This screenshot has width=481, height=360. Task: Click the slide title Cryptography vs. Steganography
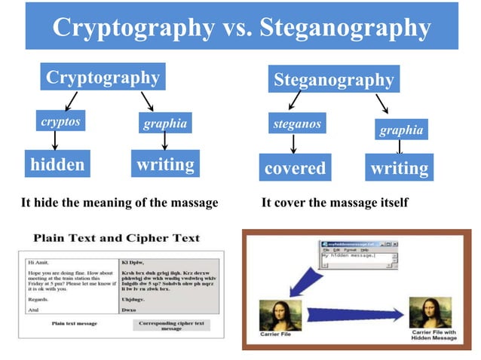click(x=241, y=27)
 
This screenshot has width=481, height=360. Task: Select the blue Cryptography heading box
click(x=103, y=78)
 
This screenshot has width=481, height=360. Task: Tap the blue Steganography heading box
click(x=334, y=80)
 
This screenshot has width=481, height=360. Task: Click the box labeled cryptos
click(x=60, y=122)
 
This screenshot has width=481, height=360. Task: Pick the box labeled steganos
click(x=295, y=123)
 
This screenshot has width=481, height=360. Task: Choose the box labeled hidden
click(x=57, y=165)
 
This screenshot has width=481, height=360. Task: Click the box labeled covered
click(x=295, y=168)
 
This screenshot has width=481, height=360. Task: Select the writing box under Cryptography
click(x=165, y=164)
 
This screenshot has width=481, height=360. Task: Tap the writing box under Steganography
click(x=400, y=168)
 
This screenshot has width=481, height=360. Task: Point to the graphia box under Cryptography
click(x=165, y=124)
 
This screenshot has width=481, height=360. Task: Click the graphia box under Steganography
click(x=401, y=130)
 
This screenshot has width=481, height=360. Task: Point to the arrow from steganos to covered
click(x=293, y=144)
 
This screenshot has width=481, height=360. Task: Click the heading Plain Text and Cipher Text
click(x=117, y=239)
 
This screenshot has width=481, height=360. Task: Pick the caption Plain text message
click(x=74, y=323)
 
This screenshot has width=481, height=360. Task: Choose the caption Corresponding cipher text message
click(x=171, y=325)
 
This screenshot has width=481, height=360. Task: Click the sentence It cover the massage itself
click(x=334, y=203)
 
